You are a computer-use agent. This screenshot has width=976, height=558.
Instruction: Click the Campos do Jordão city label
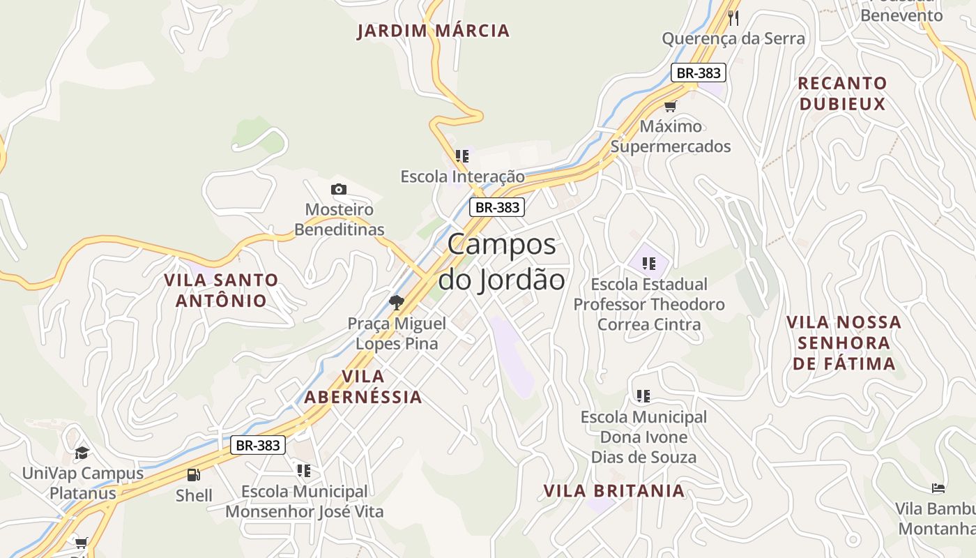click(502, 262)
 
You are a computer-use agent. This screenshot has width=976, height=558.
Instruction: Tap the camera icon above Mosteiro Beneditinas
click(339, 189)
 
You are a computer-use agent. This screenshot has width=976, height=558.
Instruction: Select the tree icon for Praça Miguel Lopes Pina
click(397, 302)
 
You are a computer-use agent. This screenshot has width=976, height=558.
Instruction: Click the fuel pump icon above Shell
click(193, 475)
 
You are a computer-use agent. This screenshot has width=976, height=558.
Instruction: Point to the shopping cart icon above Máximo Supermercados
click(670, 106)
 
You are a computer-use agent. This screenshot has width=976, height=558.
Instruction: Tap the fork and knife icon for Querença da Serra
click(733, 17)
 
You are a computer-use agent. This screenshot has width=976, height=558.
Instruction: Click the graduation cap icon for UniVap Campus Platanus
click(82, 453)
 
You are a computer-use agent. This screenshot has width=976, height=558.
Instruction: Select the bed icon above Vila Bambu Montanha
click(938, 488)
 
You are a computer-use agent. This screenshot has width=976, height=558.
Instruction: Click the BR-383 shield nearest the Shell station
click(258, 445)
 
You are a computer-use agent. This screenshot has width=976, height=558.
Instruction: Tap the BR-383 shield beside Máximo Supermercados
click(699, 73)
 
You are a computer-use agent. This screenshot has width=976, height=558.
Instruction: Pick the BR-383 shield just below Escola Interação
click(496, 207)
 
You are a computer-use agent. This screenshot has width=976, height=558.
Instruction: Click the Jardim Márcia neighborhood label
click(434, 31)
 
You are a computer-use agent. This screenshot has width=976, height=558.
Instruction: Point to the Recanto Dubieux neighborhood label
click(842, 93)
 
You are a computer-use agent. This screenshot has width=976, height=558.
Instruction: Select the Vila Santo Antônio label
click(221, 290)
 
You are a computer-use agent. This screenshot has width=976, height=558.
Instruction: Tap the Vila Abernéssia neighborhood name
click(363, 386)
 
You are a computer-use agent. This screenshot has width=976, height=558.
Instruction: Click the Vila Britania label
click(614, 490)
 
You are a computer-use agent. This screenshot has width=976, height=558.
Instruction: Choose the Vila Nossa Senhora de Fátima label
click(844, 342)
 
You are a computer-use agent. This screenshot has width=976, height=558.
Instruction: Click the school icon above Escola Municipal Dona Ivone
click(643, 396)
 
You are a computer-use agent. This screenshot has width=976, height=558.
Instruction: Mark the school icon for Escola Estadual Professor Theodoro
click(649, 264)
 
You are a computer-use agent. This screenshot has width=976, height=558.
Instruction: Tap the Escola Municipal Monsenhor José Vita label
click(305, 501)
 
